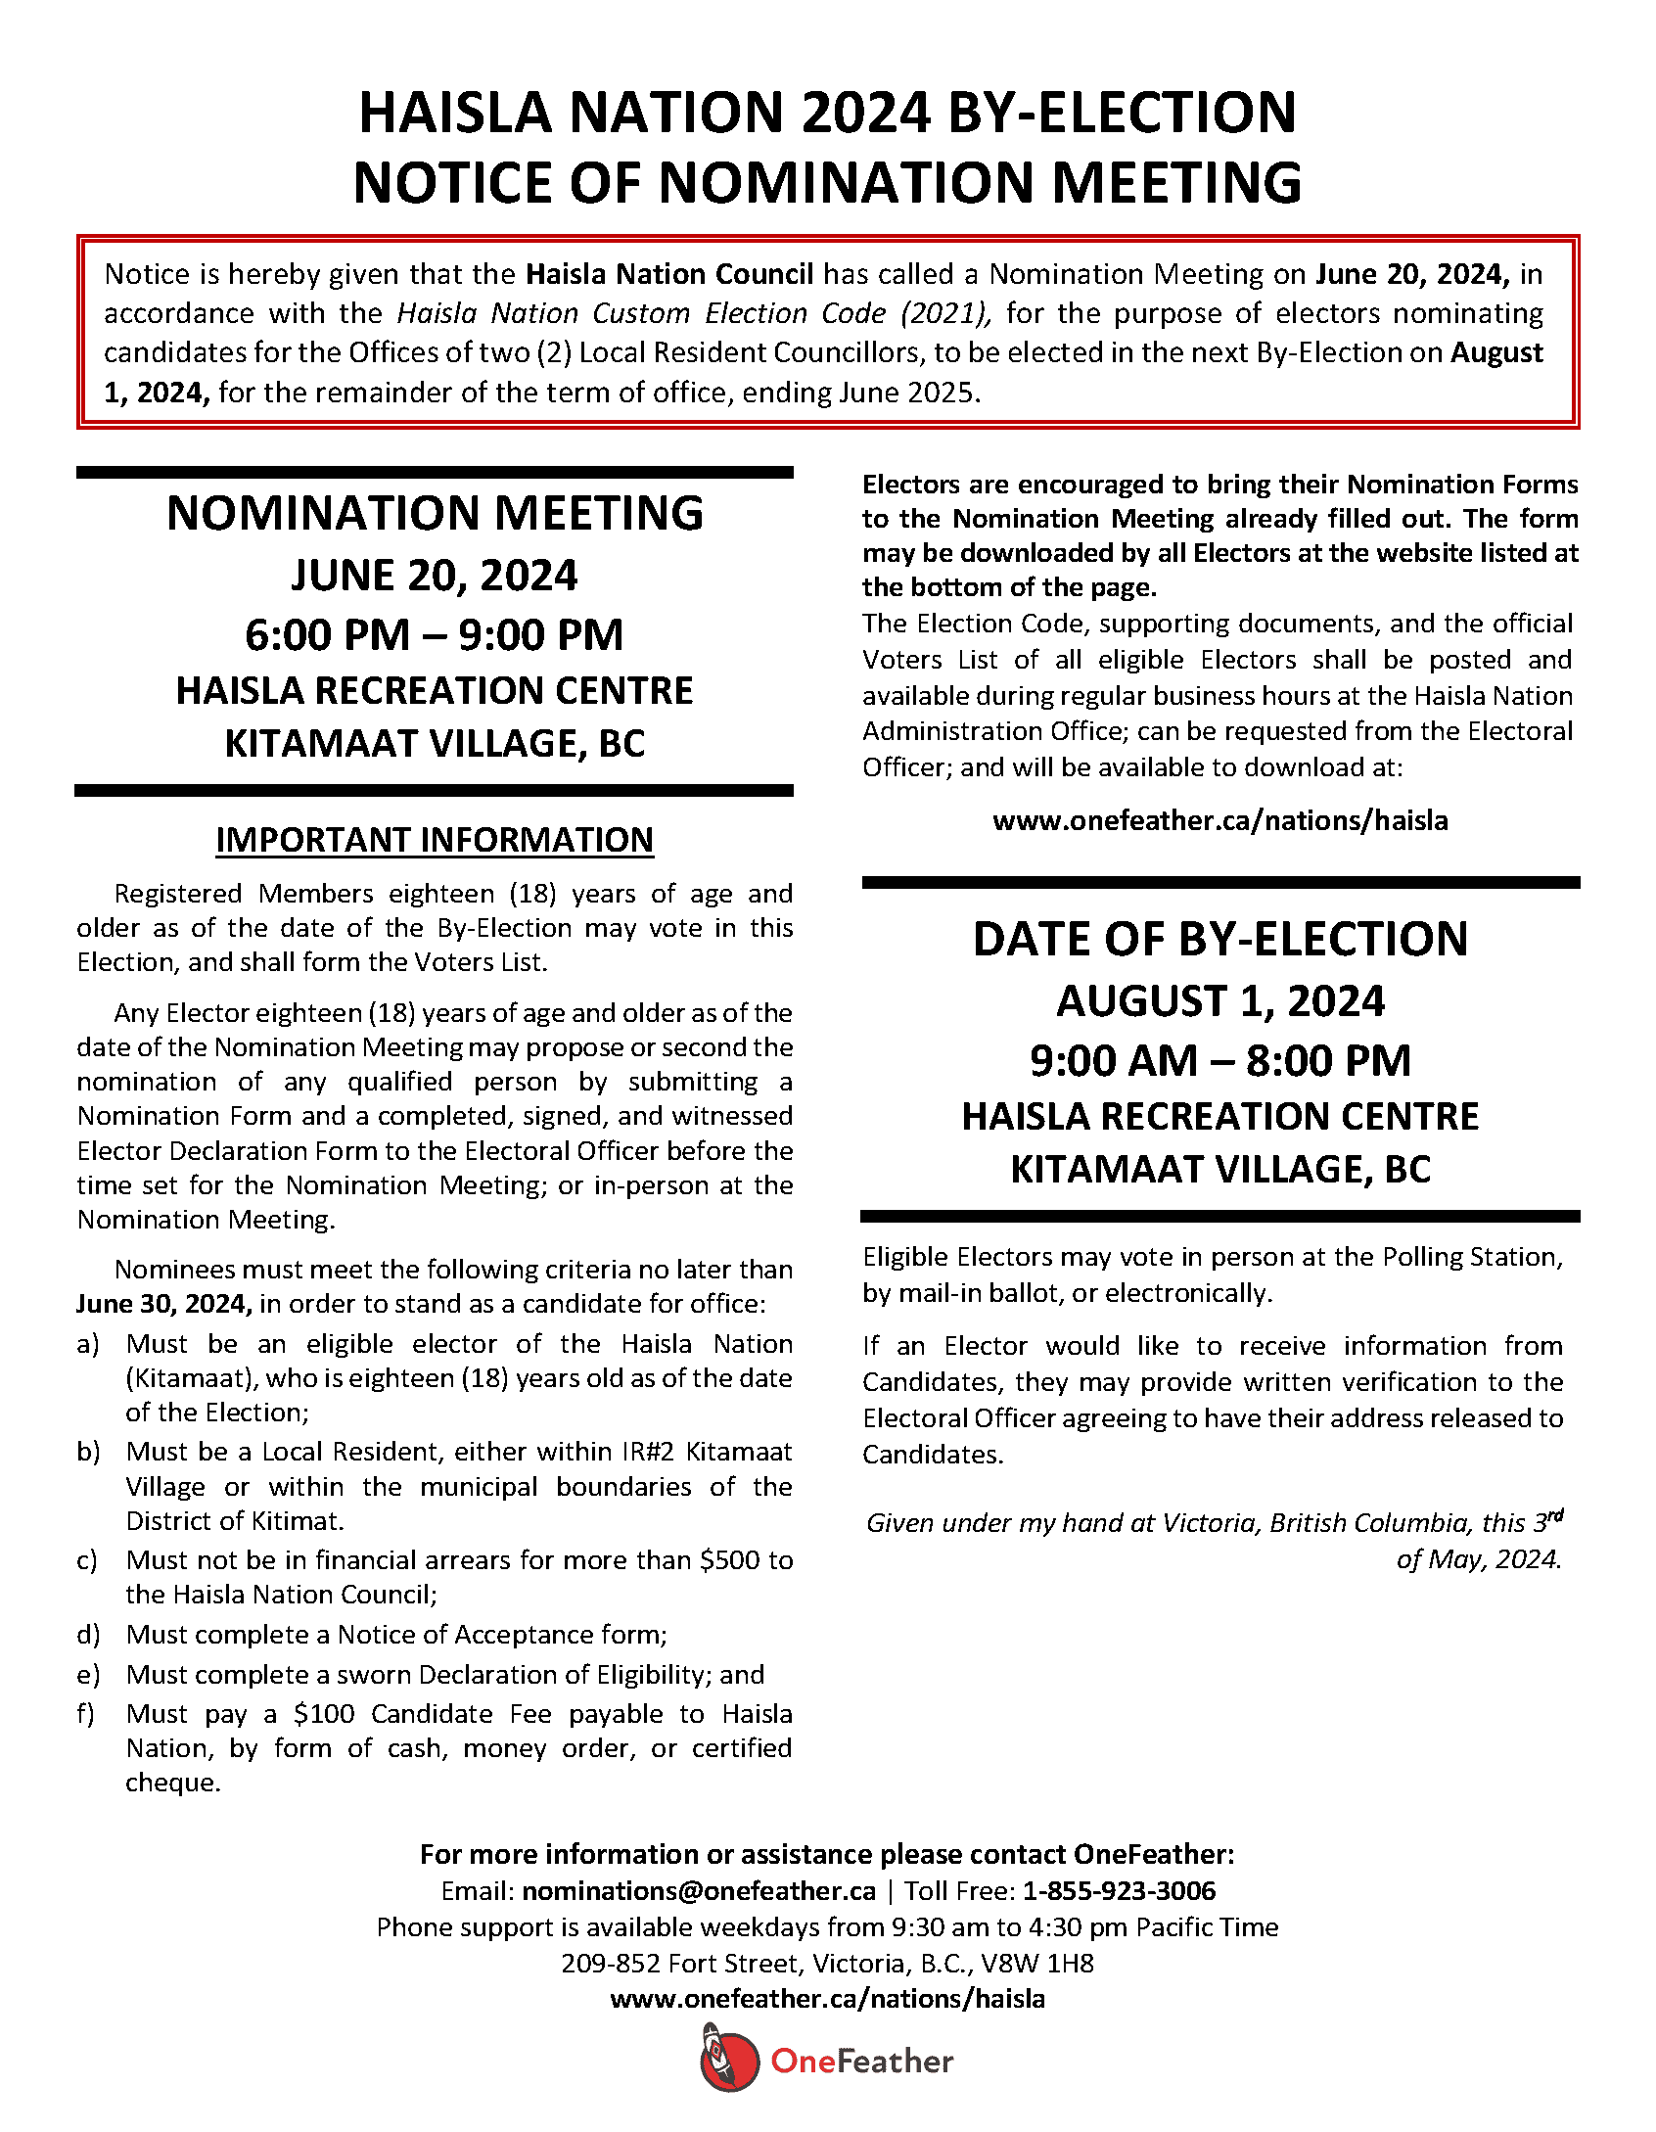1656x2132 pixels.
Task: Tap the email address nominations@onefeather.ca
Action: tap(698, 1891)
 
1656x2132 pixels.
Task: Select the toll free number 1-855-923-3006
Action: tap(1119, 1891)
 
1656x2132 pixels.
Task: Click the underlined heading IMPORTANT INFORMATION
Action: tap(435, 840)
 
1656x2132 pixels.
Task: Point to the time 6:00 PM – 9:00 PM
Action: tap(435, 635)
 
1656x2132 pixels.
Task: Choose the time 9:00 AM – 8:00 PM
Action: tap(1220, 1061)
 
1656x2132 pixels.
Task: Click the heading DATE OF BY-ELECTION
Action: tap(1220, 940)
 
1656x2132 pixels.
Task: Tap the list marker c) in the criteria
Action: tap(88, 1560)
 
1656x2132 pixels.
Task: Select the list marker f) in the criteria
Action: tap(86, 1714)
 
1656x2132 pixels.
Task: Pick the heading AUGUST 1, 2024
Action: tap(1220, 1001)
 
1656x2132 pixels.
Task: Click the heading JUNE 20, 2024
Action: tap(435, 576)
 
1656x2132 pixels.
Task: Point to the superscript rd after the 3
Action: tap(1556, 1515)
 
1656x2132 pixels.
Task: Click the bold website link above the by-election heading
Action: tap(1219, 820)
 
